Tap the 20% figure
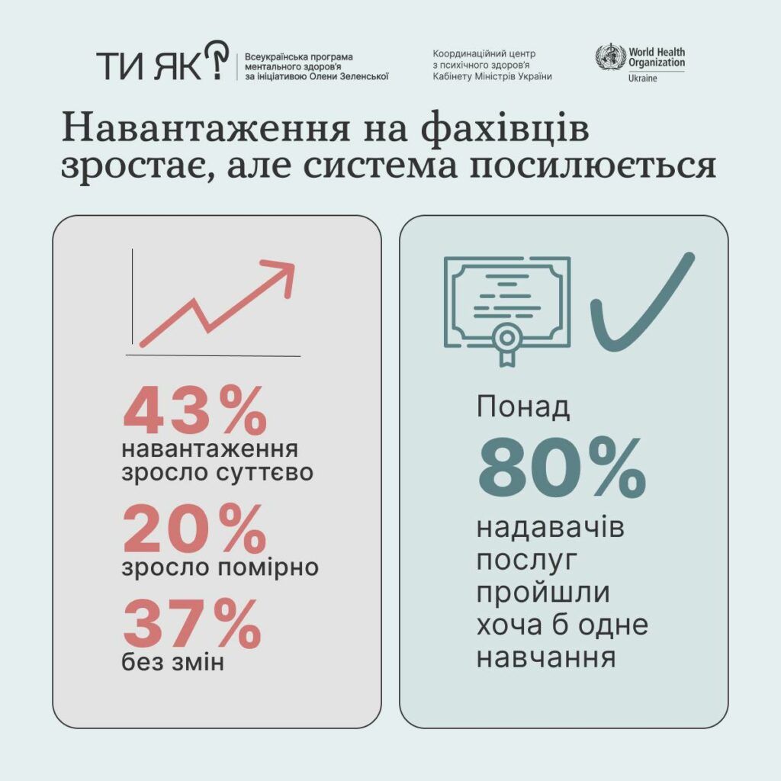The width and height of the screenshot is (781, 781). coord(194,529)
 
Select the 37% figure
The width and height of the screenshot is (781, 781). coord(192,624)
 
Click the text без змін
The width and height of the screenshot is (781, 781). coord(173,662)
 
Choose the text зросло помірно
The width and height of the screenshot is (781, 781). coord(220,568)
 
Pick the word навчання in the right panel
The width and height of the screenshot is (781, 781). coord(546,657)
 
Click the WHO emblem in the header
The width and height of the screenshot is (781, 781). coord(610,59)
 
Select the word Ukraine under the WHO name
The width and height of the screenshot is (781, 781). coord(644,79)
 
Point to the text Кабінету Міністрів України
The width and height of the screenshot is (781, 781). coord(492,76)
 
